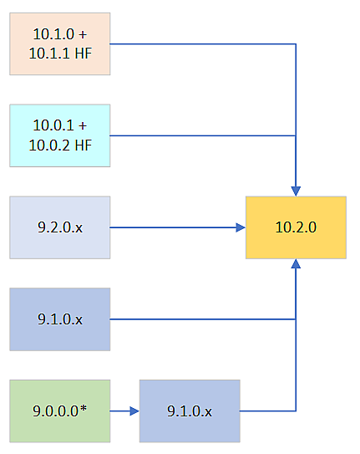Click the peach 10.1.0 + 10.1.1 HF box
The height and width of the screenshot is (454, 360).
60,43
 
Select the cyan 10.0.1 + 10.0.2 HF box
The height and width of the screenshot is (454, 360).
60,135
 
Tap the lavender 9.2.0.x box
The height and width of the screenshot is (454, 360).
60,227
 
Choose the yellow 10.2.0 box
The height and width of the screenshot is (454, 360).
296,227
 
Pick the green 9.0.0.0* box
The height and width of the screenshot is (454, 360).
60,411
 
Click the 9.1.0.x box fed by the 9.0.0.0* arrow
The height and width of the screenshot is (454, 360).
190,411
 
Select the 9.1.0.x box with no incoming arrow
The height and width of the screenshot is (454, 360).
60,319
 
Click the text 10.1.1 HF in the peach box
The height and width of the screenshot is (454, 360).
60,52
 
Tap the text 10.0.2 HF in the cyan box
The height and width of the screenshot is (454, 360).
60,144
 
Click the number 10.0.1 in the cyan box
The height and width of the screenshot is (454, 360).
53,126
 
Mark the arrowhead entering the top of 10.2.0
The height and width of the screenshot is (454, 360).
296,191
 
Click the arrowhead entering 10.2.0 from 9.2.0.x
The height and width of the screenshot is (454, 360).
240,227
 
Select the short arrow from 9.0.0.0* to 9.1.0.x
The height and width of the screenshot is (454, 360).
124,411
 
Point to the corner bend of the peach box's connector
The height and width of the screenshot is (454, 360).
296,43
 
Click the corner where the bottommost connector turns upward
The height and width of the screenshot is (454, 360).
296,411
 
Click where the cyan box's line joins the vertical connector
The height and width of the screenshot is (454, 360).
296,135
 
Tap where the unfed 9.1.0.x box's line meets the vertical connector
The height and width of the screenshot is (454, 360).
296,319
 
